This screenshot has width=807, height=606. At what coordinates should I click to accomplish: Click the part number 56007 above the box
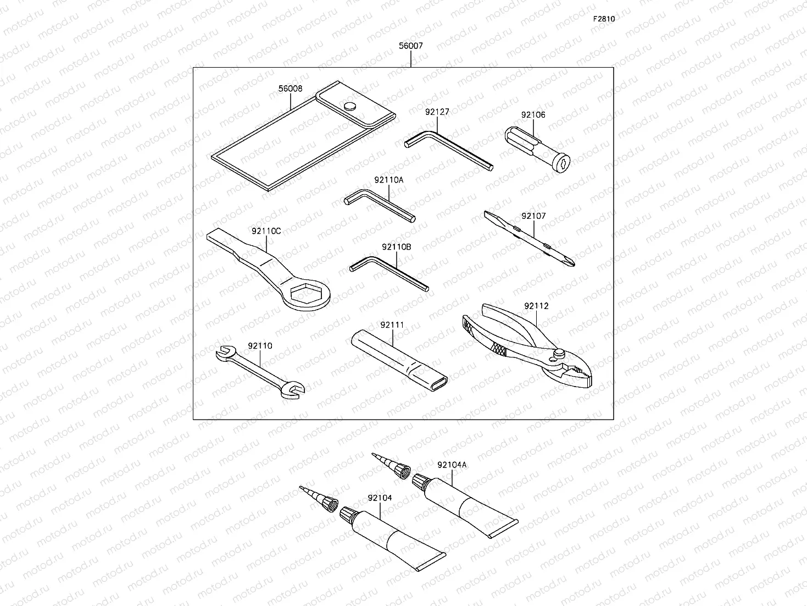411,46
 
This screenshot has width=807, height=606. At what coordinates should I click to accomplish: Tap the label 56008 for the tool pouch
290,88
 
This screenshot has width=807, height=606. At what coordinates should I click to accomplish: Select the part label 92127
437,112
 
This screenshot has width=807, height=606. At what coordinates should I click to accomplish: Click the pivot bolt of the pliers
559,352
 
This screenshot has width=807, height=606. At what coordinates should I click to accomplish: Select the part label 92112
536,306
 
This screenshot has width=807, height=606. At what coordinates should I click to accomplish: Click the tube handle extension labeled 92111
398,357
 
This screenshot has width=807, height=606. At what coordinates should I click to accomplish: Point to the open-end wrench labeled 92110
258,371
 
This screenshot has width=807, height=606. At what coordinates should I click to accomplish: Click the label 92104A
452,465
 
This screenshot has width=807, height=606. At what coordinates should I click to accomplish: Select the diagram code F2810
603,19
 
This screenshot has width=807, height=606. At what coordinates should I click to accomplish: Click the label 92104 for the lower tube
380,498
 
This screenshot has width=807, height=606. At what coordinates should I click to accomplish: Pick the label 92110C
266,231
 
